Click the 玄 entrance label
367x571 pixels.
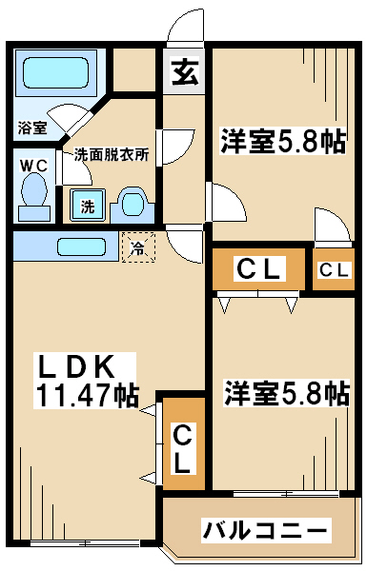[x=186, y=71]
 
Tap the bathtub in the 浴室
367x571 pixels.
[x=56, y=73]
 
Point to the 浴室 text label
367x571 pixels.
[x=32, y=128]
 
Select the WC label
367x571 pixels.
[x=33, y=166]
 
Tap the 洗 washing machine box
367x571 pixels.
[x=88, y=205]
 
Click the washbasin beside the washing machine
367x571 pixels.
[x=133, y=205]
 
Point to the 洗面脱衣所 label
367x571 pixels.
[x=112, y=155]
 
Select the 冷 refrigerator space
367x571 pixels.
[x=138, y=247]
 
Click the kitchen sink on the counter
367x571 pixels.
[x=82, y=247]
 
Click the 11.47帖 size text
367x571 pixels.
[x=86, y=395]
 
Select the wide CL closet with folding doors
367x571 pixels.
[x=258, y=269]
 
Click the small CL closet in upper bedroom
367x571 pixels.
[x=334, y=269]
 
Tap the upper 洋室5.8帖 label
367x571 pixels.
[x=282, y=141]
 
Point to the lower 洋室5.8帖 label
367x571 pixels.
[x=287, y=393]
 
